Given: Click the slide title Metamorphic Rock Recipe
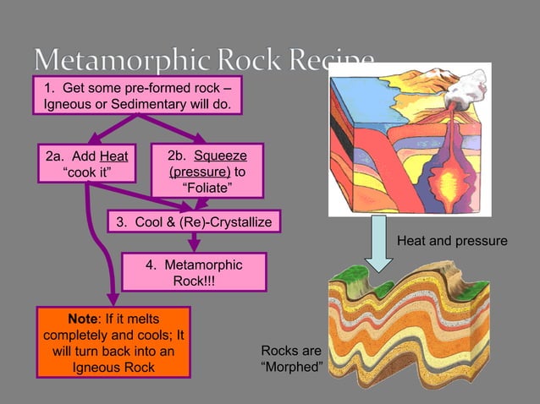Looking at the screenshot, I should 203,61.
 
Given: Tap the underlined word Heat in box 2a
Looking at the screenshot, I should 113,156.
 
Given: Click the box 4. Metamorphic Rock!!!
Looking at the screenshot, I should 194,272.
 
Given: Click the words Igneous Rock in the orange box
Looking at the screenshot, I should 113,368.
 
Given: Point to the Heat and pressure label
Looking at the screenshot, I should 452,242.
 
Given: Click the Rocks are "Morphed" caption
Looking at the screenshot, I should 291,358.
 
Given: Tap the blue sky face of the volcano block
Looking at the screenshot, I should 364,97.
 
